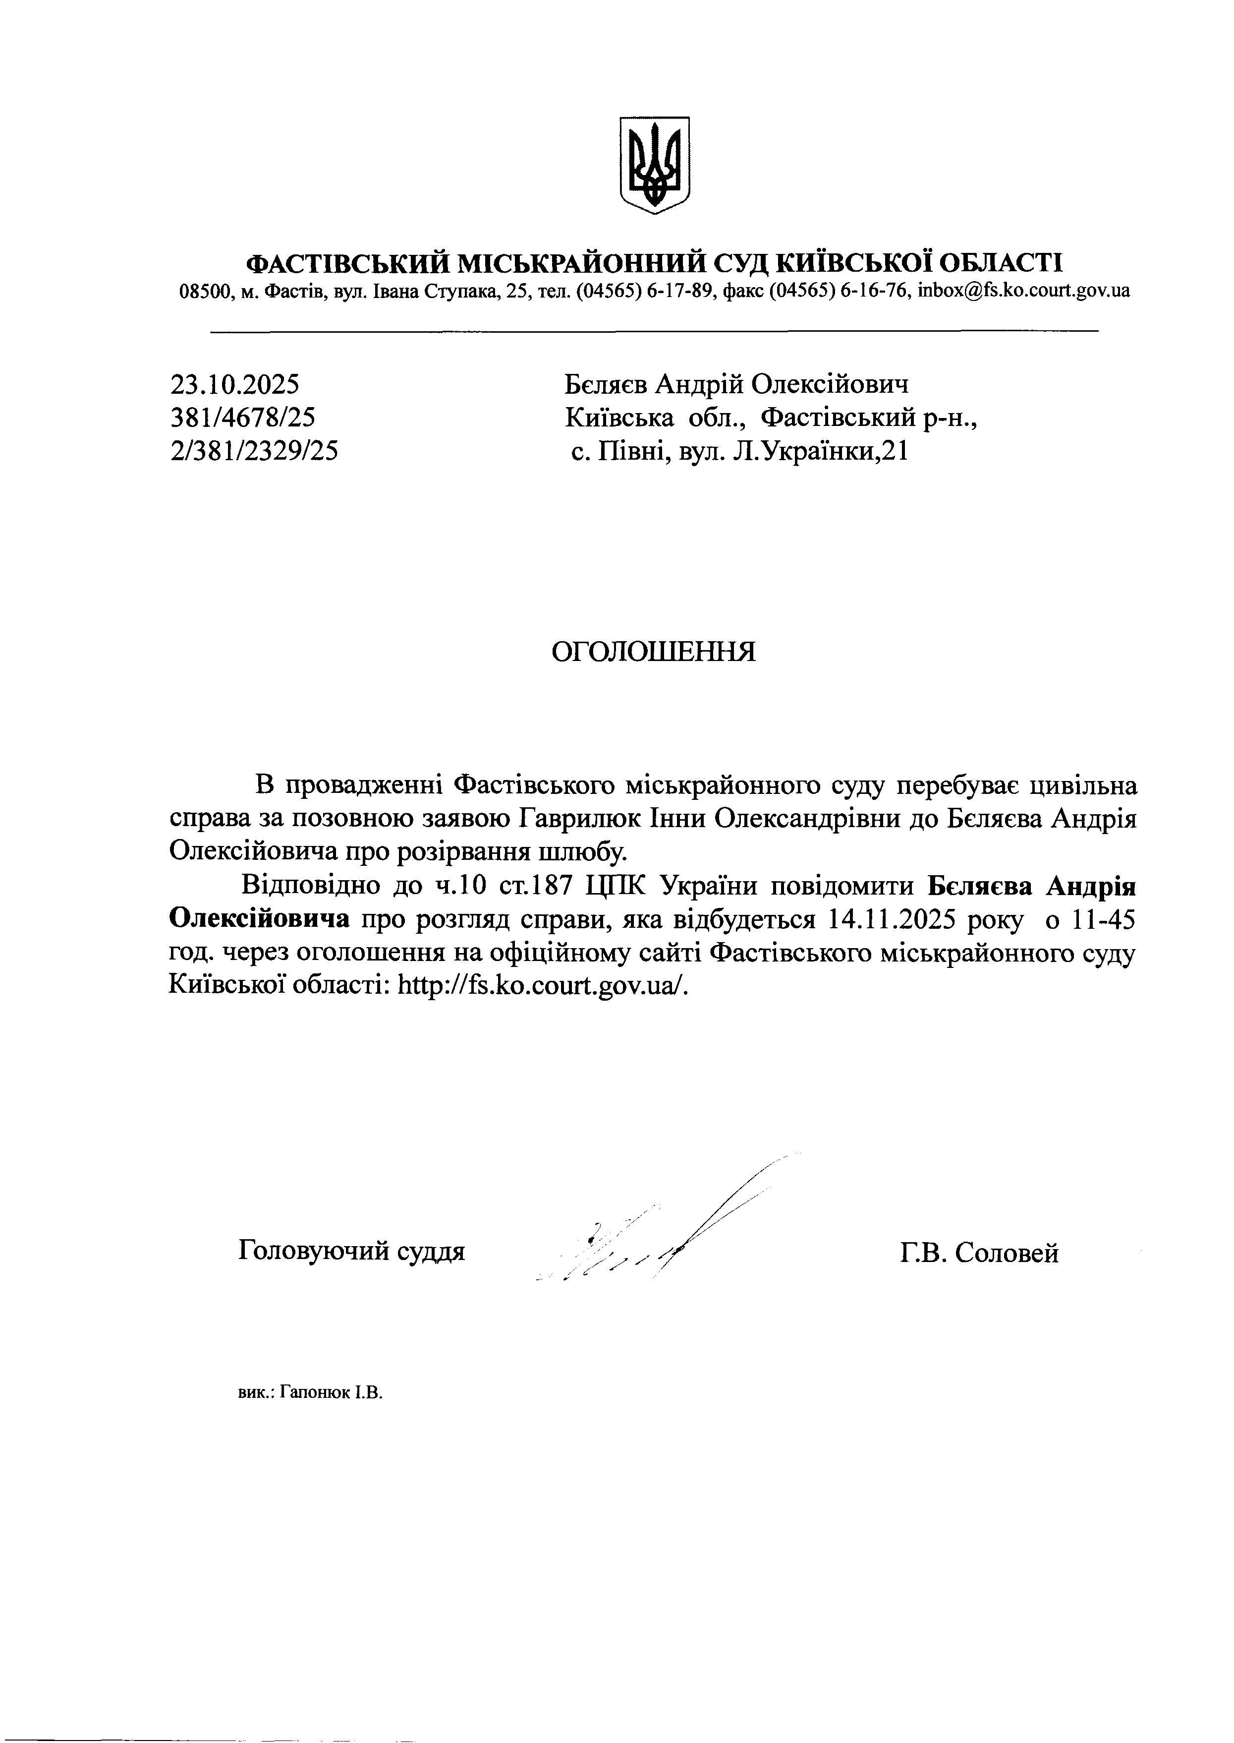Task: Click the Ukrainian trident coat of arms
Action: coord(655,164)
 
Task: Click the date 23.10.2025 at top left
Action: coord(235,385)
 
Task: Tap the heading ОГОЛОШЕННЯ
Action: coord(654,652)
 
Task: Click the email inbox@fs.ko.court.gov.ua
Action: coord(1023,291)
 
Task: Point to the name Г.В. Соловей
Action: coord(979,1252)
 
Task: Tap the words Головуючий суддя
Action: coord(351,1251)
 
